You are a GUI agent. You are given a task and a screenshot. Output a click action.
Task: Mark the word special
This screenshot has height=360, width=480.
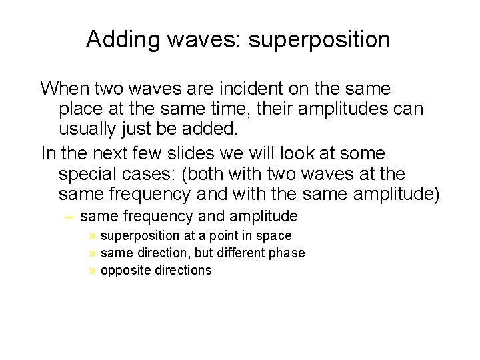click(x=91, y=174)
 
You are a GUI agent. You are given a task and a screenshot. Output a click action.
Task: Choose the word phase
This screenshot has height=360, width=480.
click(x=287, y=253)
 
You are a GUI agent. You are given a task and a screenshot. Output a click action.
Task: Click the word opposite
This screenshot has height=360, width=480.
click(x=123, y=271)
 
